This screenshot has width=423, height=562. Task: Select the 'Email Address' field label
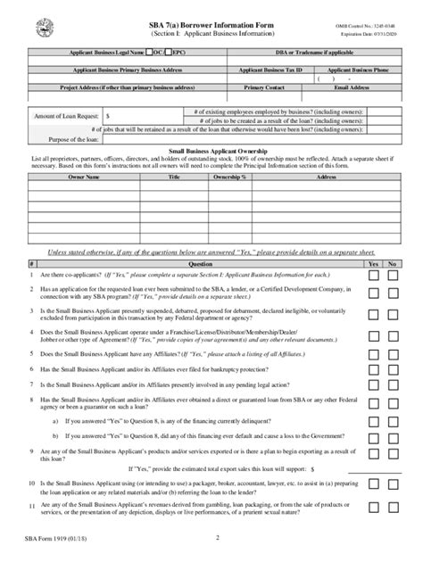(x=351, y=88)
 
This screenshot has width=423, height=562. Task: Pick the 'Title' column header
(x=174, y=178)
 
